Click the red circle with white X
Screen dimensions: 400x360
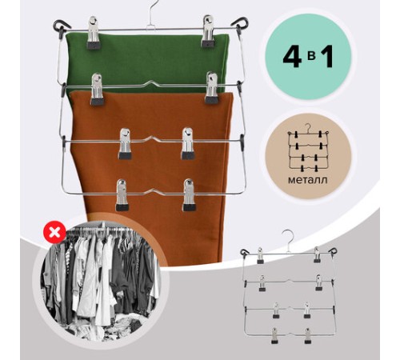point(54,233)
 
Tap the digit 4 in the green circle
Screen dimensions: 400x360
point(293,58)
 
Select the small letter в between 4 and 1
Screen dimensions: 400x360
point(310,58)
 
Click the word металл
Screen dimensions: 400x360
point(307,180)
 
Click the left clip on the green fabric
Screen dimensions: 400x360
point(94,33)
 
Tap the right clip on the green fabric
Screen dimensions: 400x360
point(208,31)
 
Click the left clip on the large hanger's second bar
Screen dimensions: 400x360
point(97,89)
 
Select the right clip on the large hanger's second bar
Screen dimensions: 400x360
point(212,87)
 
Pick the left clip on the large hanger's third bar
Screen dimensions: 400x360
point(125,144)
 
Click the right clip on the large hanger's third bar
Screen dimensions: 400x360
point(187,143)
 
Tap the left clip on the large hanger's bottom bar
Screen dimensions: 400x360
point(122,195)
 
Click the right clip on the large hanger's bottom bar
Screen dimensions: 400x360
point(189,195)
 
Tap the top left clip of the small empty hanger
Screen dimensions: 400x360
point(260,255)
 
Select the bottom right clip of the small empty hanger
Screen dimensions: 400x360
point(308,335)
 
